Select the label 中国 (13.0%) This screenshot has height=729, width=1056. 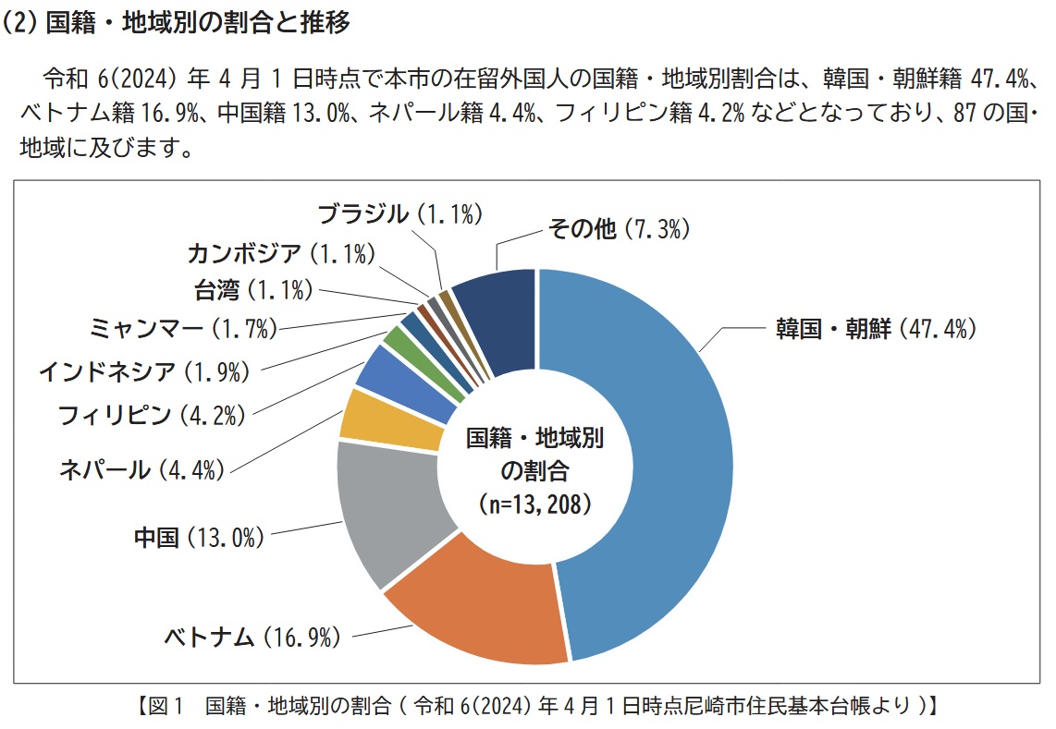tap(199, 537)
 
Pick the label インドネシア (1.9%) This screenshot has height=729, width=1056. tap(144, 372)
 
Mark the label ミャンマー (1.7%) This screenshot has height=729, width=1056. tap(184, 327)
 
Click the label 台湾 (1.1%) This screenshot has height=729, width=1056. tap(252, 290)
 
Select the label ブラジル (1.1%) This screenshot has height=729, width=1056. tap(400, 214)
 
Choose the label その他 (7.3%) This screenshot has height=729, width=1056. tap(619, 229)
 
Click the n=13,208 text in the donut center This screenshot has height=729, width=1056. tap(535, 504)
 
